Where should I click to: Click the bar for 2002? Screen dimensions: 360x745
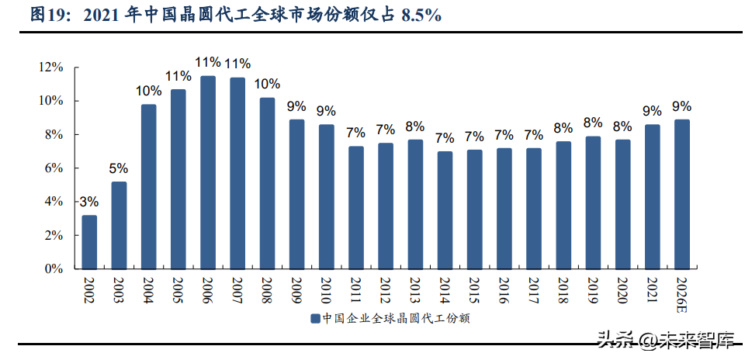[x=89, y=242]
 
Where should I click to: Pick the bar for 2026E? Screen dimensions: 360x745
[x=682, y=194]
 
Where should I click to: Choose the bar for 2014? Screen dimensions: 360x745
[x=445, y=210]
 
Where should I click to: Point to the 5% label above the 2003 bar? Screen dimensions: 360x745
[x=119, y=168]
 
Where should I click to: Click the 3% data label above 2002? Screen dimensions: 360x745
[x=89, y=202]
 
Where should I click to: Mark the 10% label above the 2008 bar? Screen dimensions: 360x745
[x=267, y=84]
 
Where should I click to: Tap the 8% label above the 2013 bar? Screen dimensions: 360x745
[x=415, y=126]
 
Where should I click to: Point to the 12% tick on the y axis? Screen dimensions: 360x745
[x=51, y=67]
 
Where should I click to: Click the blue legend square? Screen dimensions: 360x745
[x=315, y=318]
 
